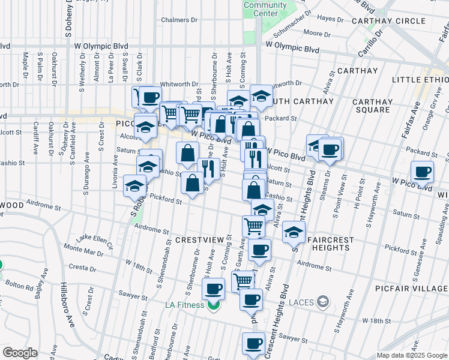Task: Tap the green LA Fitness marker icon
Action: [213, 305]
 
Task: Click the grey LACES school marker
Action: [324, 301]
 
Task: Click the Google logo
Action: [20, 353]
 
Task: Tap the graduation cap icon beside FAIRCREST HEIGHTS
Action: [294, 232]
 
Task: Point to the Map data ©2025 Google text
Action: [412, 355]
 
